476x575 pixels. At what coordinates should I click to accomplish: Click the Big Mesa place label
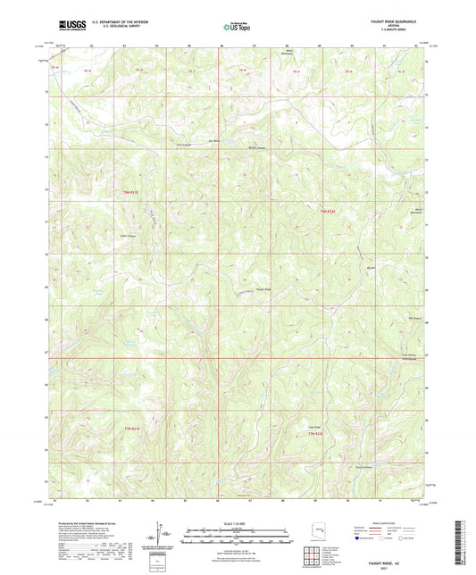tap(213, 141)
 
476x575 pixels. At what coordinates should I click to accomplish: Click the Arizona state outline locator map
tap(317, 527)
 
